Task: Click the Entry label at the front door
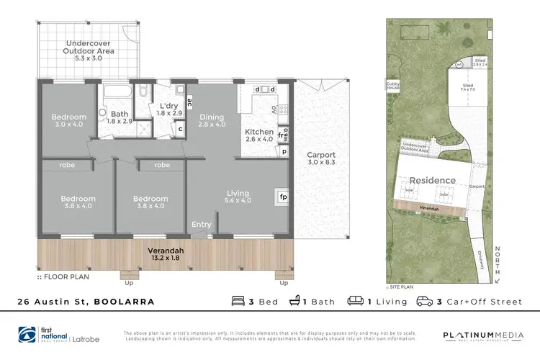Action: pos(202,225)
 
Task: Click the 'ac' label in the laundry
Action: pos(189,102)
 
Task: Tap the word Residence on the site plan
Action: pos(432,180)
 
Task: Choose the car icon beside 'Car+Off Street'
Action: pos(426,301)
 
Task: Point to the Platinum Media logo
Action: pos(477,335)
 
